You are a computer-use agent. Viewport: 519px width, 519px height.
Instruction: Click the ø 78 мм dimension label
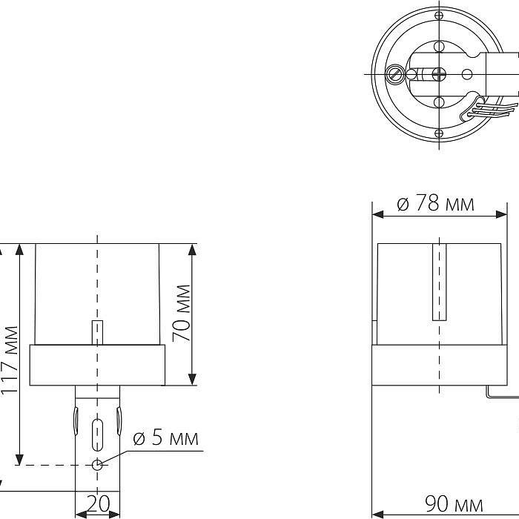435,202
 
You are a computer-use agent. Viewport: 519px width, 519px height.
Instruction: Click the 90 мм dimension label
454,504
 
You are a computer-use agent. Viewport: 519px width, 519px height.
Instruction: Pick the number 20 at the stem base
98,503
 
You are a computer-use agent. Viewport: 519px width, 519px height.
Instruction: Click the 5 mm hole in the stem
97,465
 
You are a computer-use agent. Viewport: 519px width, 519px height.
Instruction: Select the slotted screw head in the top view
394,74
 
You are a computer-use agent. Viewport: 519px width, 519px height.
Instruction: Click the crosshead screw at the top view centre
439,74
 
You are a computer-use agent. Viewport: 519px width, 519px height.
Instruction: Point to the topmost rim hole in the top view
439,16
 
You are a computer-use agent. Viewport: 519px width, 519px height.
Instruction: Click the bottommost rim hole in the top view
439,133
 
